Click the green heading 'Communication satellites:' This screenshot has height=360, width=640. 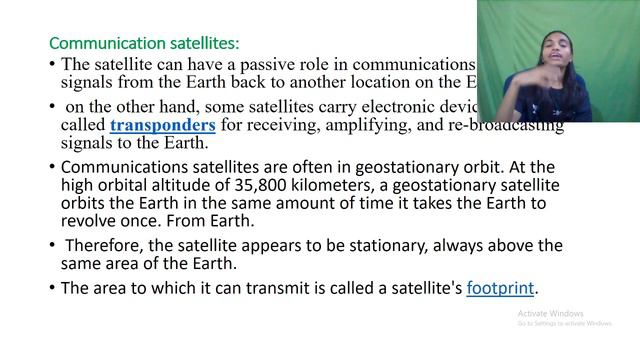pos(145,43)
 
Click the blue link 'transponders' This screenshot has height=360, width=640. pos(163,125)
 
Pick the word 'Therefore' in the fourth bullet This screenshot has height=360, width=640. pos(105,245)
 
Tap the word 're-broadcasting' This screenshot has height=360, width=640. pos(496,125)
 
